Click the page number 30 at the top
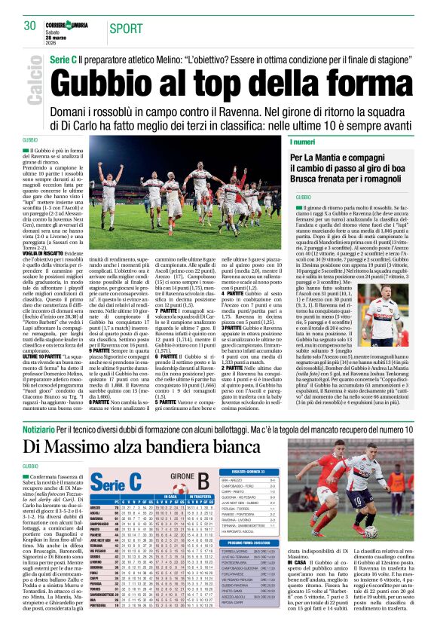[x=30, y=26]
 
